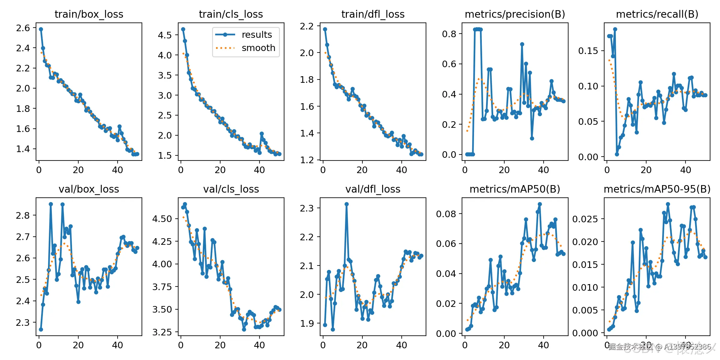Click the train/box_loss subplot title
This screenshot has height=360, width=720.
click(x=89, y=14)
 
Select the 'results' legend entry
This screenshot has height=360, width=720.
click(x=256, y=34)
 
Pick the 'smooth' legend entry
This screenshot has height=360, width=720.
click(x=258, y=48)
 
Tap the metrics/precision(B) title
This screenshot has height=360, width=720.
click(x=515, y=14)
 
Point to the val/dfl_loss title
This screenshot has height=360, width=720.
click(x=373, y=189)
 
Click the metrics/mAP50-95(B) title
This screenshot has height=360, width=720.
click(x=657, y=189)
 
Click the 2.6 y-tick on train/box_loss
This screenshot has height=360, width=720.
click(x=23, y=28)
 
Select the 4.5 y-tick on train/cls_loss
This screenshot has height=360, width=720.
click(x=165, y=35)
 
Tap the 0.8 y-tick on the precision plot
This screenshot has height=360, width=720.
click(x=449, y=34)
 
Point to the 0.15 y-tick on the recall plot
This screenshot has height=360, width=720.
click(x=588, y=51)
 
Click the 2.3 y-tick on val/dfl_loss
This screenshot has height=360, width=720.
click(x=307, y=208)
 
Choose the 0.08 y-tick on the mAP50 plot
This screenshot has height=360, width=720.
click(x=446, y=214)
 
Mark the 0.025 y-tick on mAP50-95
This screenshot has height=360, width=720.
click(x=585, y=219)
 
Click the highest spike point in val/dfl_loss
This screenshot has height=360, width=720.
click(x=346, y=204)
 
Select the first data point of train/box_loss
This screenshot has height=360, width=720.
click(x=41, y=29)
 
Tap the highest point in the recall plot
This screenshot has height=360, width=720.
click(x=615, y=29)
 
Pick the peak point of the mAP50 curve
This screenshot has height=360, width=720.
click(x=540, y=204)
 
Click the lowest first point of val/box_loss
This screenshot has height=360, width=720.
click(x=41, y=329)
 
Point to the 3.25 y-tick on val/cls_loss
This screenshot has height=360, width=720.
click(x=162, y=332)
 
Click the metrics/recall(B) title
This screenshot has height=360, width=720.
click(x=657, y=14)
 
